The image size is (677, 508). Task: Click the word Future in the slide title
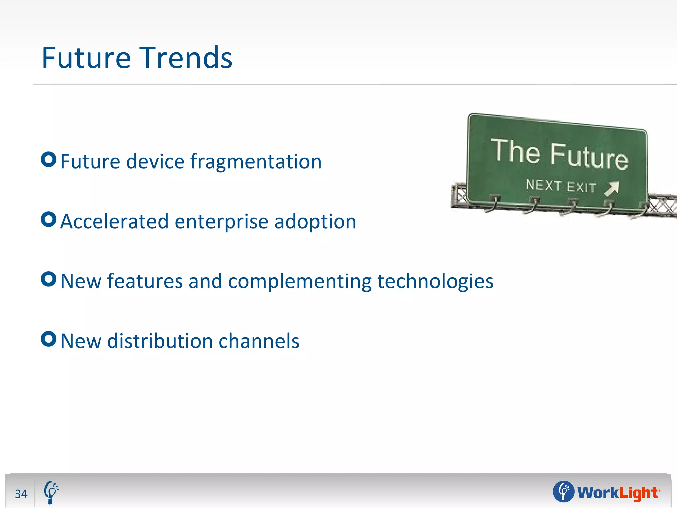tap(86, 58)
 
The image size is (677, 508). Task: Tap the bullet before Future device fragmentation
tap(49, 160)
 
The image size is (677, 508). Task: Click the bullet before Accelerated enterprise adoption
tap(49, 219)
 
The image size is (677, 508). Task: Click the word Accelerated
tap(114, 221)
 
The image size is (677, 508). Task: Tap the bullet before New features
tap(49, 279)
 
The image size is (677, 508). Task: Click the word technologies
tap(435, 281)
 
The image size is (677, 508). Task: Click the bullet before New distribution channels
tap(49, 339)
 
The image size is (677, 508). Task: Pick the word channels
tap(259, 341)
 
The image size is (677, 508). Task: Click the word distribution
tap(160, 341)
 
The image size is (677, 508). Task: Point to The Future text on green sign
tap(559, 154)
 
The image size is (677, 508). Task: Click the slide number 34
tap(21, 494)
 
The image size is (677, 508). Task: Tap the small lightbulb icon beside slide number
tap(51, 492)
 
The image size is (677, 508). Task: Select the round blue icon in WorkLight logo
tap(564, 491)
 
